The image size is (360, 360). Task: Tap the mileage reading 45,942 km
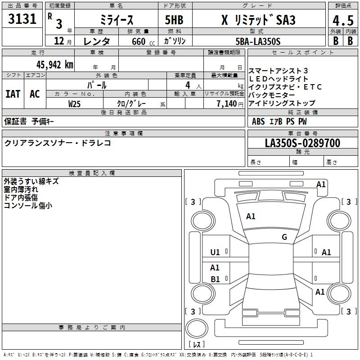(50, 64)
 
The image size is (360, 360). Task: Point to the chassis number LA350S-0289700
(302, 143)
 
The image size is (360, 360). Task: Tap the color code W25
(75, 103)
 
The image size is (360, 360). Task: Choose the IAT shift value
(13, 94)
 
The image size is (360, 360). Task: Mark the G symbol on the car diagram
(284, 237)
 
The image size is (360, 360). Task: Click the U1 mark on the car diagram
(215, 252)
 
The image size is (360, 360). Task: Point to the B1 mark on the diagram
(215, 279)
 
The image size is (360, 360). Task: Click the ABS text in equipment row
(258, 121)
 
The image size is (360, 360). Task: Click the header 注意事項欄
(124, 134)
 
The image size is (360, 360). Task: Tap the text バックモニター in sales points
(272, 95)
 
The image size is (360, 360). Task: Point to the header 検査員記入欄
(92, 173)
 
